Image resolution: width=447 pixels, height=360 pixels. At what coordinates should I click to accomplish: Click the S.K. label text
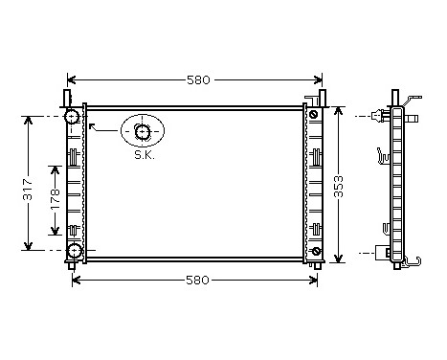144,154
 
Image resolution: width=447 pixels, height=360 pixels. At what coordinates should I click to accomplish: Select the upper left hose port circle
73,117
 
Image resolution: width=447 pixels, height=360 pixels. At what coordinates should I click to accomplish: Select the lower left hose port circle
73,252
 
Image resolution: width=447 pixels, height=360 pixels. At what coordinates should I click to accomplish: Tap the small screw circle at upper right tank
313,116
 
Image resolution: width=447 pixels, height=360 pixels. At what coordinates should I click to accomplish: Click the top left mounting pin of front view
67,97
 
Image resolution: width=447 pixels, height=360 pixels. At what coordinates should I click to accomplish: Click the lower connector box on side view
386,253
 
